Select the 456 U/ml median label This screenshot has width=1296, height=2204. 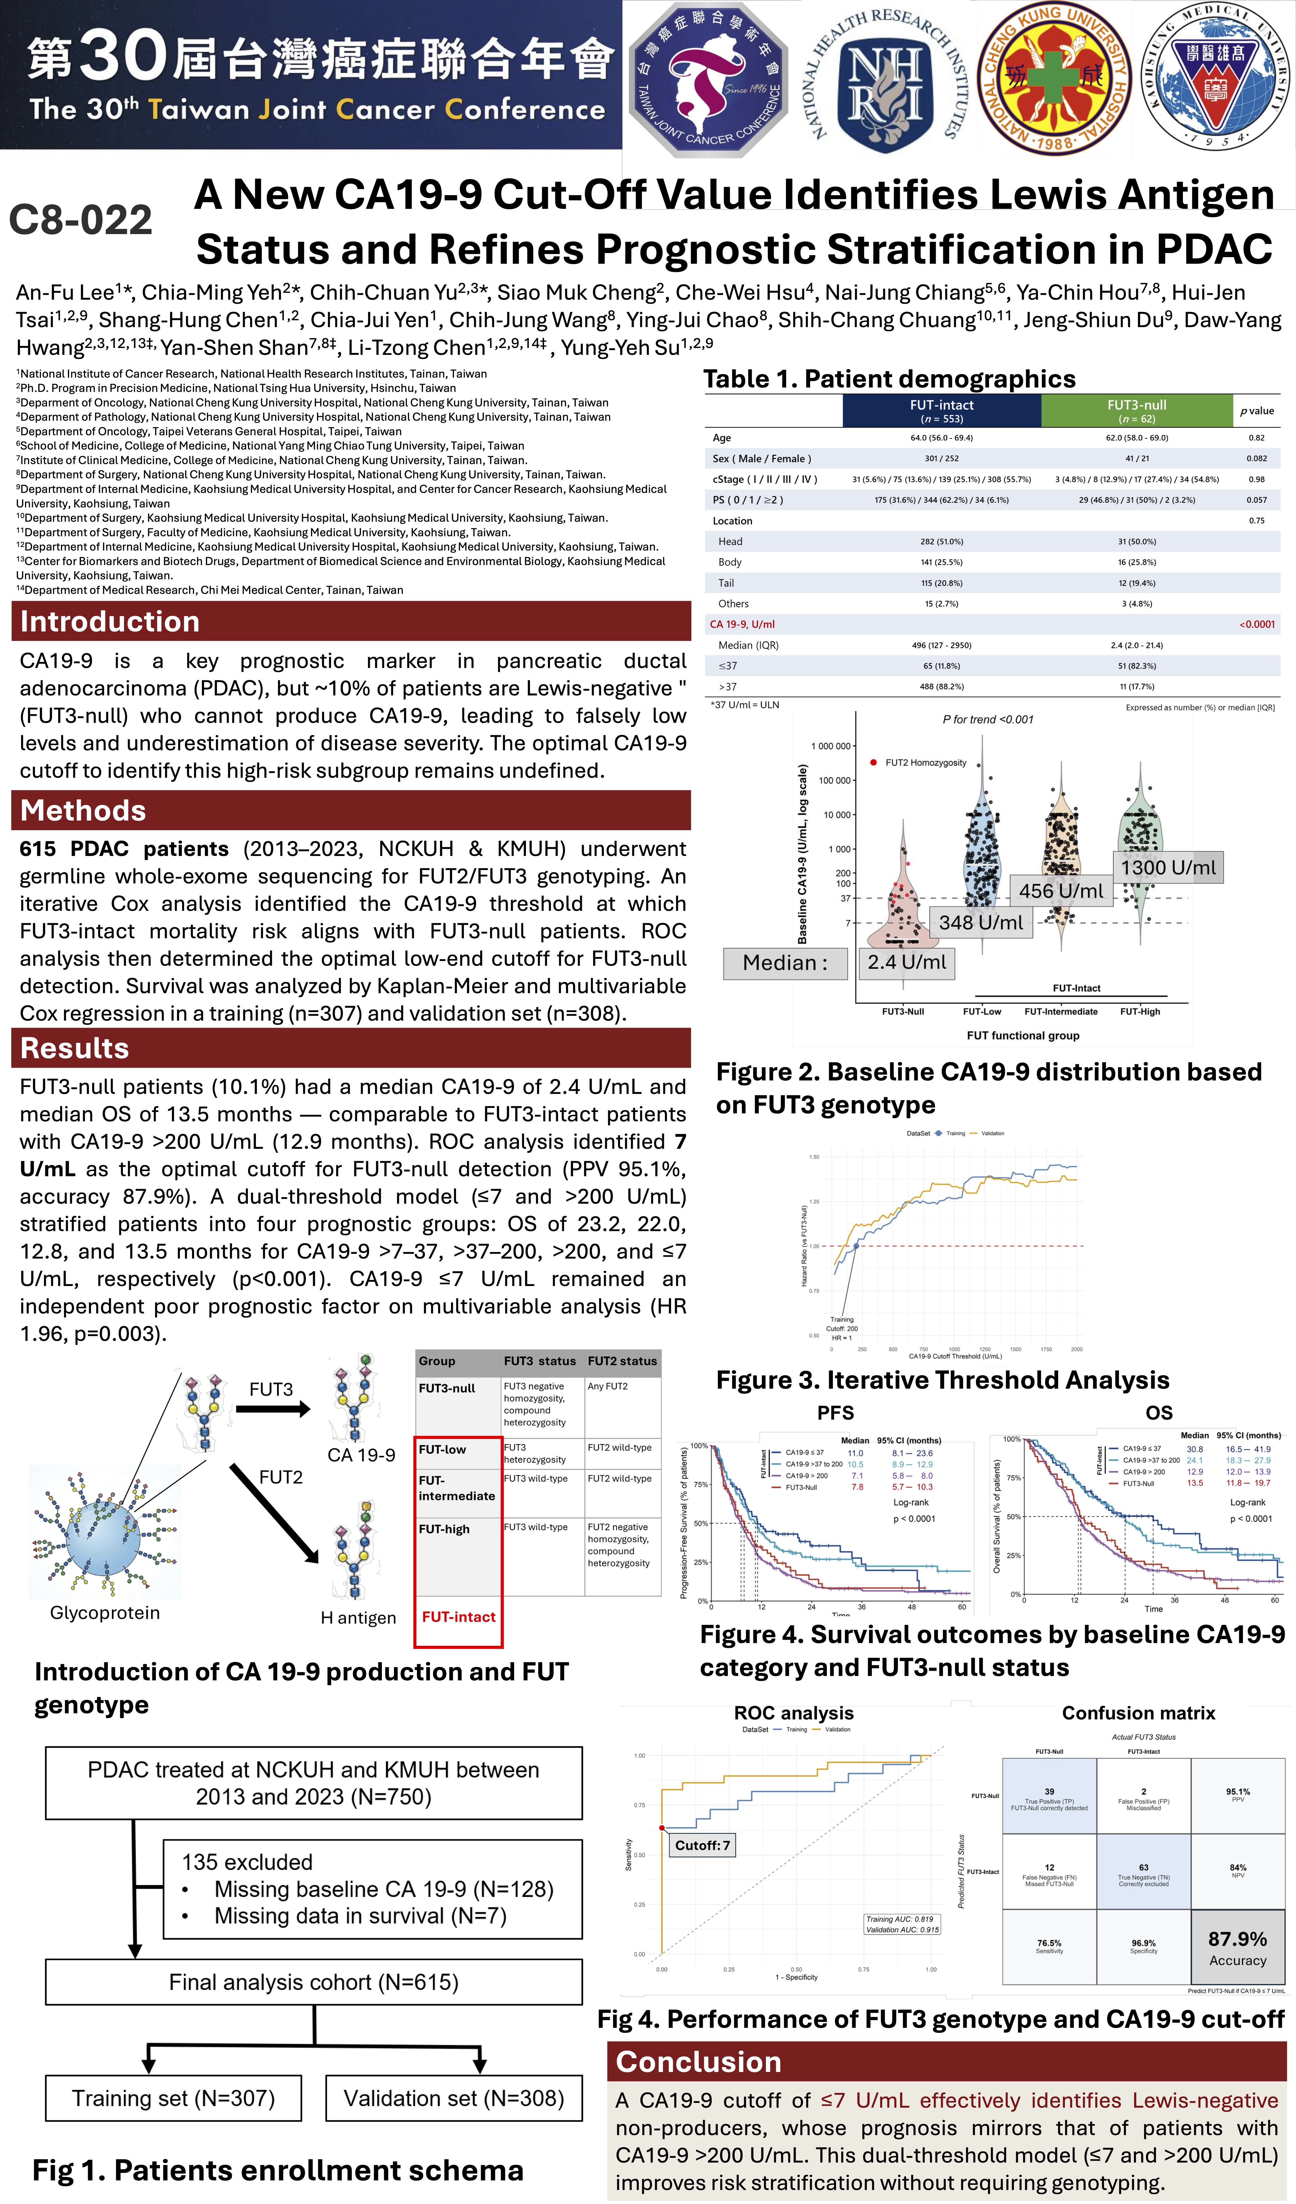tap(1061, 891)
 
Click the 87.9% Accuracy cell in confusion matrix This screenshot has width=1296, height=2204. tap(1237, 1948)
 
